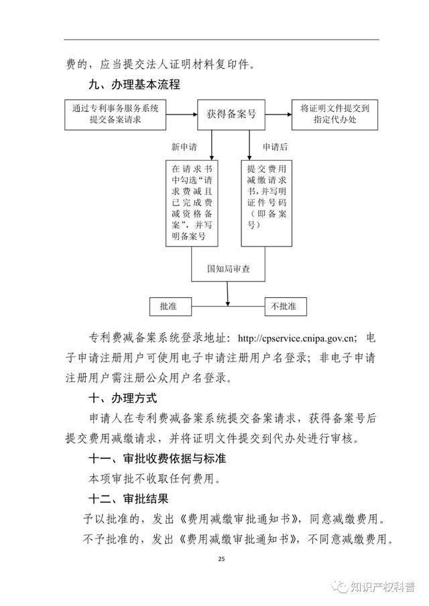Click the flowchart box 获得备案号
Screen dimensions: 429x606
coord(231,115)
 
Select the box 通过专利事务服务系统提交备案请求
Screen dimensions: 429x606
coord(115,115)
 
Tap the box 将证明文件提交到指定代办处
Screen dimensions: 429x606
coord(334,115)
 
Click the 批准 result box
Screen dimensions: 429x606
coord(170,307)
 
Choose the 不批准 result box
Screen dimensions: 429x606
coord(286,307)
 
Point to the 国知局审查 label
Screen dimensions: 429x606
coord(228,269)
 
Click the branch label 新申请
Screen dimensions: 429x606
coord(184,147)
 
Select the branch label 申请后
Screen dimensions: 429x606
coord(275,147)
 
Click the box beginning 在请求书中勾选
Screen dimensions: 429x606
coord(192,204)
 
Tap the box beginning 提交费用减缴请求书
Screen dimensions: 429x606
coord(267,204)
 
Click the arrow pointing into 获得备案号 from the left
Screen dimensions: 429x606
coord(182,115)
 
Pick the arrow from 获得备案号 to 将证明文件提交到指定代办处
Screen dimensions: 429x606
coord(279,115)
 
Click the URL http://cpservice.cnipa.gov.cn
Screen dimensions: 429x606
coord(296,339)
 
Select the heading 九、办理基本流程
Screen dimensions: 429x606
coord(135,84)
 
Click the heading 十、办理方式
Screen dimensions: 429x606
coord(123,398)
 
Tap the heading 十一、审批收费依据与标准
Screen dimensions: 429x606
coord(158,459)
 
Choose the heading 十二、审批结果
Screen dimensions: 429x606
coord(129,499)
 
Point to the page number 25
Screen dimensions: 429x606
coord(221,559)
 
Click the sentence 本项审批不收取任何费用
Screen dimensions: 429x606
coord(154,479)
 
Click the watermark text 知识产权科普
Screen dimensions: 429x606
coord(383,587)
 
